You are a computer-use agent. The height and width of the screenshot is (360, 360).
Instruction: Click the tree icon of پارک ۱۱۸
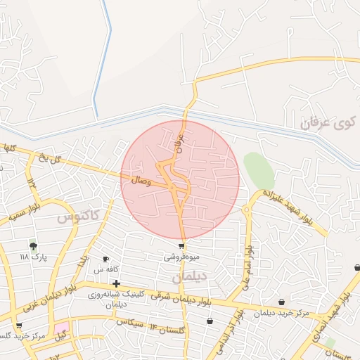point(33,245)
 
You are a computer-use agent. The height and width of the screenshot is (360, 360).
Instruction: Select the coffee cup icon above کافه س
point(105,259)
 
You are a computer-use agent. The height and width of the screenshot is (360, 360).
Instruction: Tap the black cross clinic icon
point(116,283)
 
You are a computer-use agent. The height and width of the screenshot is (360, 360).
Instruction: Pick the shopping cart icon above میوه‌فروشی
point(181,246)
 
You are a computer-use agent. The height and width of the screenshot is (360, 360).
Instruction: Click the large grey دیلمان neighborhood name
point(190,277)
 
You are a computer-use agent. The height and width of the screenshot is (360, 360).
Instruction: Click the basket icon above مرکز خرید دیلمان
point(282,302)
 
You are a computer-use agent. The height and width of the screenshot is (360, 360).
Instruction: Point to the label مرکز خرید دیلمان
point(282,312)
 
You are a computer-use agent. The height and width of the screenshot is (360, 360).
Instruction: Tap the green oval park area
point(259,170)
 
